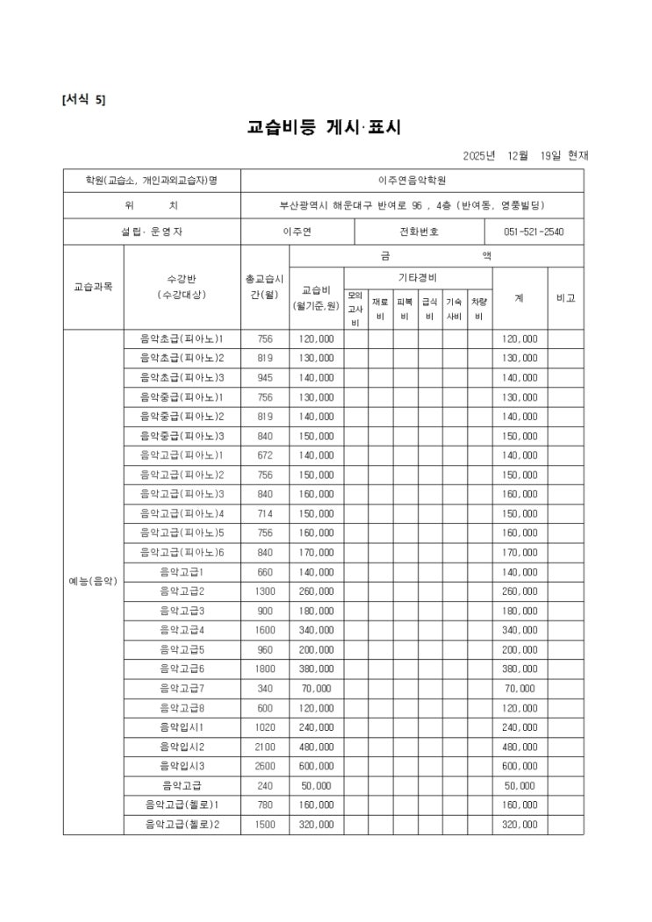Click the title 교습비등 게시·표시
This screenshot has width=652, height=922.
coord(325,127)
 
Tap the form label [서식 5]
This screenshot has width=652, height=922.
coord(83,99)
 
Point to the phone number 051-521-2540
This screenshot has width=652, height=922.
coord(534,232)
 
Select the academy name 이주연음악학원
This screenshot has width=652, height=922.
coord(412,180)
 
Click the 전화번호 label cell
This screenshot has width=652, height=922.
coord(419,232)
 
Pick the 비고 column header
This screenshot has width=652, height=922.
coord(565,298)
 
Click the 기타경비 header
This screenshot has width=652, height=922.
coord(418,277)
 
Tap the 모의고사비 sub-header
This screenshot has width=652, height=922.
coord(355,309)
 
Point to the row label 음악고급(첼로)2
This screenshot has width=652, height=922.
coord(182,824)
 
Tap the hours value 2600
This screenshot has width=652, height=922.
coord(265,765)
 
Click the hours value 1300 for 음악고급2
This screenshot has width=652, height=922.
coord(265,590)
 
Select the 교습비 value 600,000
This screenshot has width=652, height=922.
coord(316,765)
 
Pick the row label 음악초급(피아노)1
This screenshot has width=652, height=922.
coord(182,339)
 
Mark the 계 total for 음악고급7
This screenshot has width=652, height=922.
coord(519,688)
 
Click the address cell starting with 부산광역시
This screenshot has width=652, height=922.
coord(412,205)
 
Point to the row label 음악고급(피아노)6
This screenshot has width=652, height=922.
coord(182,552)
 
